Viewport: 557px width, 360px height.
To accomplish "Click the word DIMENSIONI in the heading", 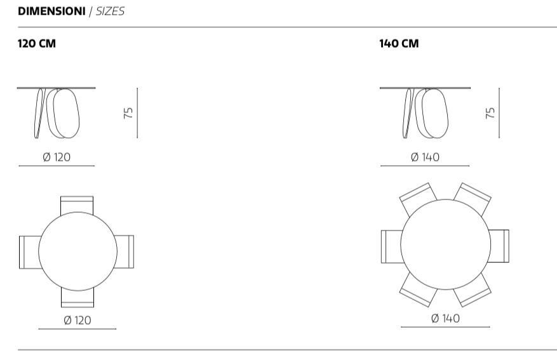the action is [x=51, y=11].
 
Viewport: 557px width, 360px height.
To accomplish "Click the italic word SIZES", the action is [x=110, y=11].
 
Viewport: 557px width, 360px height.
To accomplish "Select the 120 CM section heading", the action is [x=37, y=44].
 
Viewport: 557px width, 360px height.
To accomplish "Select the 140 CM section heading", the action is [x=399, y=44].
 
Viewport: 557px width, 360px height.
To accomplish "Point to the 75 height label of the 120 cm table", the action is [x=128, y=113].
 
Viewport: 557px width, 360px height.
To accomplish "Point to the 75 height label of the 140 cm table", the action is [x=490, y=113].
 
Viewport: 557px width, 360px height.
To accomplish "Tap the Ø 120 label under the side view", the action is [x=57, y=157].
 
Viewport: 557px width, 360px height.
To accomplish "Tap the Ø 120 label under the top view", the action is [x=77, y=320].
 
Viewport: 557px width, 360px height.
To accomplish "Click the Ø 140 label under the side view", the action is [x=425, y=157].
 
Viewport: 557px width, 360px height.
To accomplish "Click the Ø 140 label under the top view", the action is [x=445, y=318].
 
